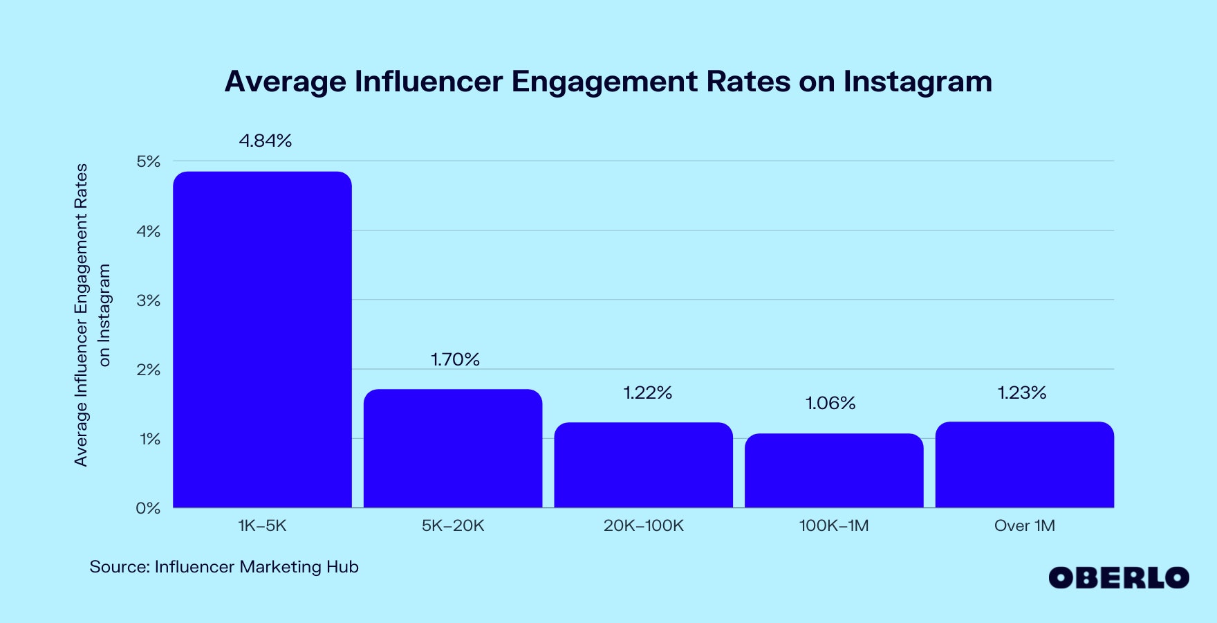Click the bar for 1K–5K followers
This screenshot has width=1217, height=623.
262,339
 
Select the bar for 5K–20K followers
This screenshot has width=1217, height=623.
453,449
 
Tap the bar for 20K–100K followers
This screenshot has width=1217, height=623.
643,465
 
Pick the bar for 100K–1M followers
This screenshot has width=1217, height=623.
834,471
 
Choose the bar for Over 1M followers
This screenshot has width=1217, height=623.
1024,464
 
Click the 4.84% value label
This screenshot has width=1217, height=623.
266,141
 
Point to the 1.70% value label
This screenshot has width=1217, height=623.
455,359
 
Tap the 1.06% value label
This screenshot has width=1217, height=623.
830,403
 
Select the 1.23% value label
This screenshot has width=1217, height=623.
1022,392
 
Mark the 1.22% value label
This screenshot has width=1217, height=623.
647,392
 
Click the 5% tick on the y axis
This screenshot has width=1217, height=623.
148,161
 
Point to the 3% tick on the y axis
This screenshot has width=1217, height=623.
148,300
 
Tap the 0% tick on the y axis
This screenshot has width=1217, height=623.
148,508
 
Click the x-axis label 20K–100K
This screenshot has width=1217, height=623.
643,525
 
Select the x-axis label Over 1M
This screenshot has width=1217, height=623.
1024,525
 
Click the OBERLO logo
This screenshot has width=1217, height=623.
1118,577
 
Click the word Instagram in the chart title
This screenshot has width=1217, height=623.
917,82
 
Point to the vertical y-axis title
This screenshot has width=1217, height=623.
92,315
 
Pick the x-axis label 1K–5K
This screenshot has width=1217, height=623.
262,525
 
